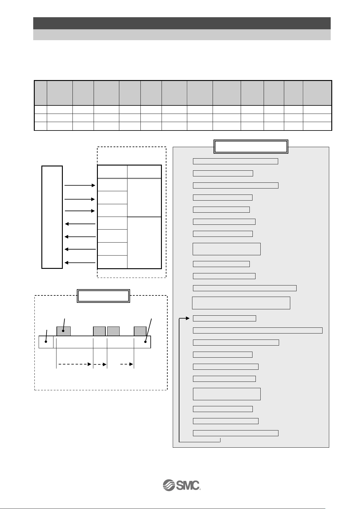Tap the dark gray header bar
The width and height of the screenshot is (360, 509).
point(182,23)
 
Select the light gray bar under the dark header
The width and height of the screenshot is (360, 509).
point(182,35)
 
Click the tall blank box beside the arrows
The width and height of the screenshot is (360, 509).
point(52,217)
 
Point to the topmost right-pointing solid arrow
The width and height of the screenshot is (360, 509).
point(80,185)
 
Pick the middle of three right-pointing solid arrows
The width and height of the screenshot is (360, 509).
point(80,199)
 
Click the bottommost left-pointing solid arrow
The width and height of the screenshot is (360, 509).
point(80,263)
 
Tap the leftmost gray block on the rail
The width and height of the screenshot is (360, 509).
point(63,331)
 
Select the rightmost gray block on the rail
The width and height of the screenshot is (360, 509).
point(140,331)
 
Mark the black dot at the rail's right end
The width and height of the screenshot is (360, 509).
point(146,342)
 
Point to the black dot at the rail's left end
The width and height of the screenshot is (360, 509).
point(46,342)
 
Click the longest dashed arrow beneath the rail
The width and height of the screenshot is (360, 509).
point(75,364)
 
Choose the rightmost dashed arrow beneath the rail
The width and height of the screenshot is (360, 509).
point(127,364)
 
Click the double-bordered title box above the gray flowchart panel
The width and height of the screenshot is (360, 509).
point(251,147)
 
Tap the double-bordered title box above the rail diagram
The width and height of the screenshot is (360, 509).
point(103,296)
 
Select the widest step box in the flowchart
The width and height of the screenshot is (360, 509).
point(258,330)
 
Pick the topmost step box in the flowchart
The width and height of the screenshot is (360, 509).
point(235,161)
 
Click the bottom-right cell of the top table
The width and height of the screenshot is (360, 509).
point(317,126)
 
